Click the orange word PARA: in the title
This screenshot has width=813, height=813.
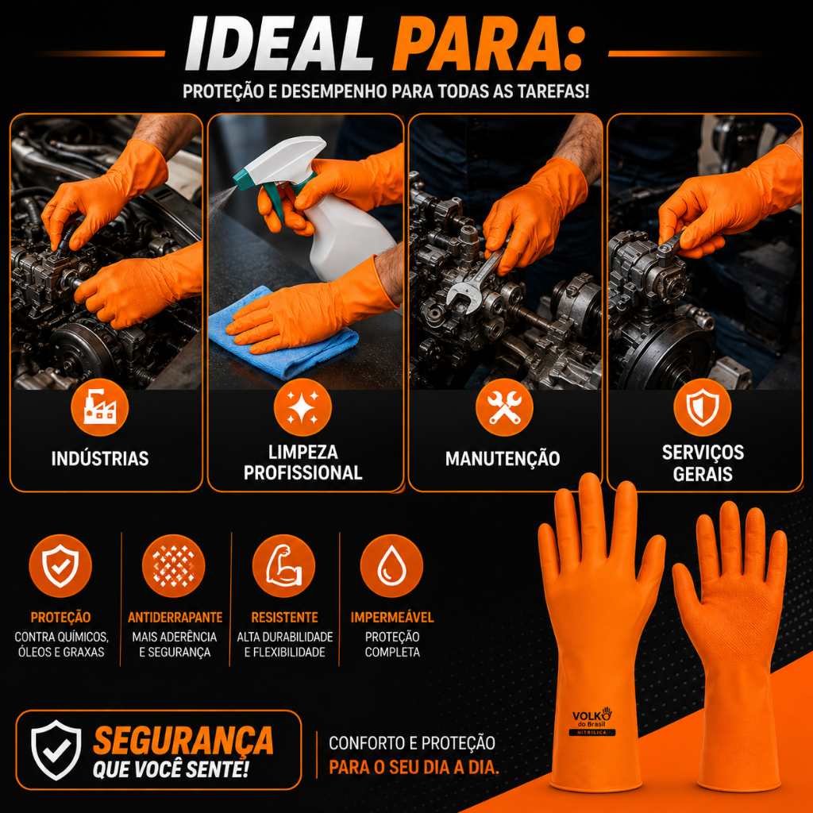[488, 44]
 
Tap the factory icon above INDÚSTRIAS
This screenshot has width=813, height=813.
[100, 407]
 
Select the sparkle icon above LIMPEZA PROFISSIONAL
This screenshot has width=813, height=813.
[302, 407]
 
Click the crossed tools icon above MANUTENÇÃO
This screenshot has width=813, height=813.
[504, 407]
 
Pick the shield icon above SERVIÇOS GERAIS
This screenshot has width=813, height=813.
[703, 407]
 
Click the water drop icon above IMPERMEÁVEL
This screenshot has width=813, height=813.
[391, 565]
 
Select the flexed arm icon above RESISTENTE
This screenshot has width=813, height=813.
[283, 565]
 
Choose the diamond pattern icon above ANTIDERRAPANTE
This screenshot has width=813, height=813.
[173, 565]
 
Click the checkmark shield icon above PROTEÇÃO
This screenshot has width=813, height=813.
[60, 565]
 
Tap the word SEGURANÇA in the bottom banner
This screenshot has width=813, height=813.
[183, 740]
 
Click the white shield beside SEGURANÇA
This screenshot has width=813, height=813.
[56, 749]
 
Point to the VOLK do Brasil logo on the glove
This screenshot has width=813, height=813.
[592, 720]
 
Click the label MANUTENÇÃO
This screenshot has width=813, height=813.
[503, 459]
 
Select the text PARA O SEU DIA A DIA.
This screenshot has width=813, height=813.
[414, 766]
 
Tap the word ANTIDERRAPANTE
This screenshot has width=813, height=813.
[175, 617]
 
